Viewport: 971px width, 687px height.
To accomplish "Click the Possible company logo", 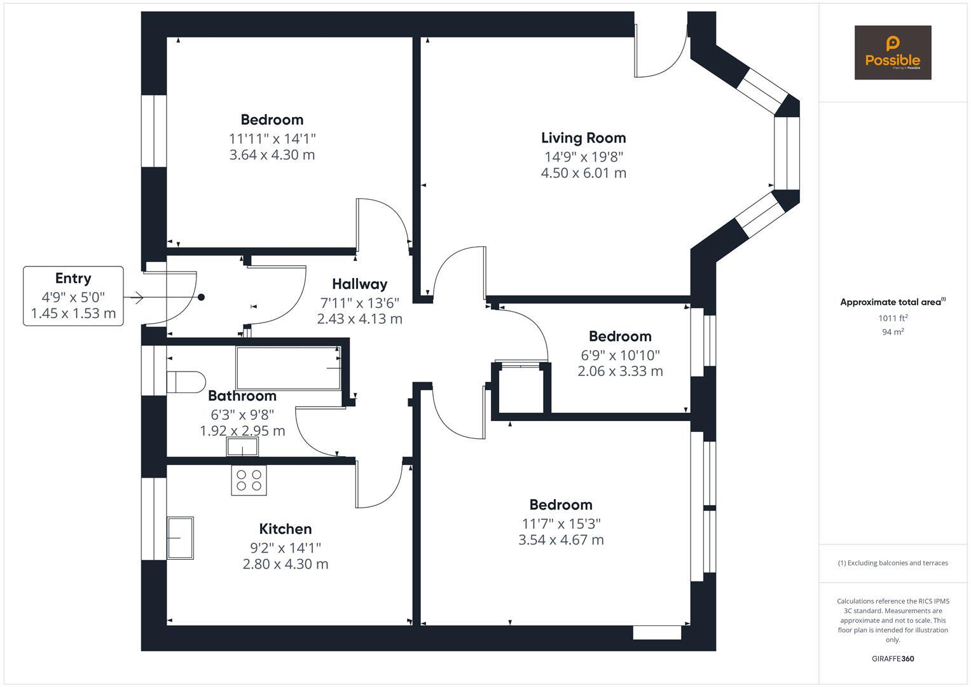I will pyautogui.click(x=892, y=52).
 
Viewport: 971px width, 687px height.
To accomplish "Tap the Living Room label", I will pyautogui.click(x=583, y=138).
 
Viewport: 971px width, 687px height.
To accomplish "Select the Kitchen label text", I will pyautogui.click(x=285, y=529).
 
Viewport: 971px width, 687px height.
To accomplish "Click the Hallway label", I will pyautogui.click(x=359, y=284).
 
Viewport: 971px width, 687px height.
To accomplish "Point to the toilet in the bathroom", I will pyautogui.click(x=185, y=382).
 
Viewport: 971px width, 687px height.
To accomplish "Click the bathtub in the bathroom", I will pyautogui.click(x=288, y=368).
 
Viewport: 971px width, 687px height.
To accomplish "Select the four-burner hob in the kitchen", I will pyautogui.click(x=249, y=480).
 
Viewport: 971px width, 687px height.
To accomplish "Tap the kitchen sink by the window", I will pyautogui.click(x=180, y=538).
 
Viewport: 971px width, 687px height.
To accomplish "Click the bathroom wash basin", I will pyautogui.click(x=242, y=448).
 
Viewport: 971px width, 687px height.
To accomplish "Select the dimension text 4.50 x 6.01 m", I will pyautogui.click(x=583, y=173).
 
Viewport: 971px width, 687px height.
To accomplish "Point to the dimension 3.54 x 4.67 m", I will pyautogui.click(x=561, y=540).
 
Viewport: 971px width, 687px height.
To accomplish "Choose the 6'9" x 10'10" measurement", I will pyautogui.click(x=620, y=355).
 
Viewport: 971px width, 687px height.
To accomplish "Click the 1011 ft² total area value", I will pyautogui.click(x=893, y=318).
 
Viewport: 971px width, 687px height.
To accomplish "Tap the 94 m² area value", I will pyautogui.click(x=893, y=331).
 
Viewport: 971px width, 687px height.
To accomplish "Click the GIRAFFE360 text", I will pyautogui.click(x=892, y=658).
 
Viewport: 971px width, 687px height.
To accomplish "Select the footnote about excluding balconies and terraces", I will pyautogui.click(x=892, y=563).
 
